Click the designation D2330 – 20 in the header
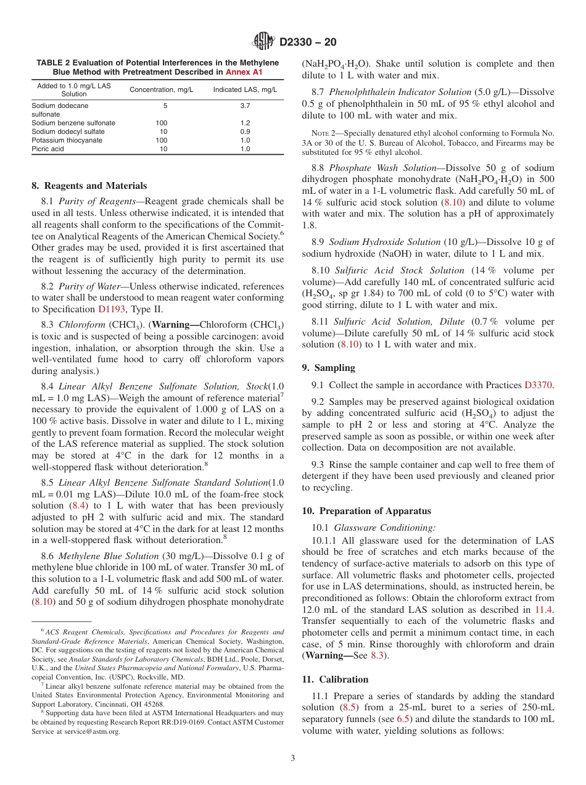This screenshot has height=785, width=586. pos(308,43)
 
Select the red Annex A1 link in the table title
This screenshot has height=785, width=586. pos(244,72)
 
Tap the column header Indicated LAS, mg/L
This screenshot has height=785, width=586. pos(245,89)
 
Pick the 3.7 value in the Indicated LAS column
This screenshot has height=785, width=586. pos(245,106)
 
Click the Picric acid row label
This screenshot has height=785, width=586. pos(47,149)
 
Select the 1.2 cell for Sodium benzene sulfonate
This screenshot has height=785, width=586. pos(245,123)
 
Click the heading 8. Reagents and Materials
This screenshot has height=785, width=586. pos(89,186)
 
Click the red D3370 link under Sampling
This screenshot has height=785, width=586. pos(539,385)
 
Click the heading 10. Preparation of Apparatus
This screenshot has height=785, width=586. pos(366,511)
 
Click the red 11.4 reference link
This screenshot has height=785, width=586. pos(544,609)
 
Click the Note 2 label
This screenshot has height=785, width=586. pos(323,133)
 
